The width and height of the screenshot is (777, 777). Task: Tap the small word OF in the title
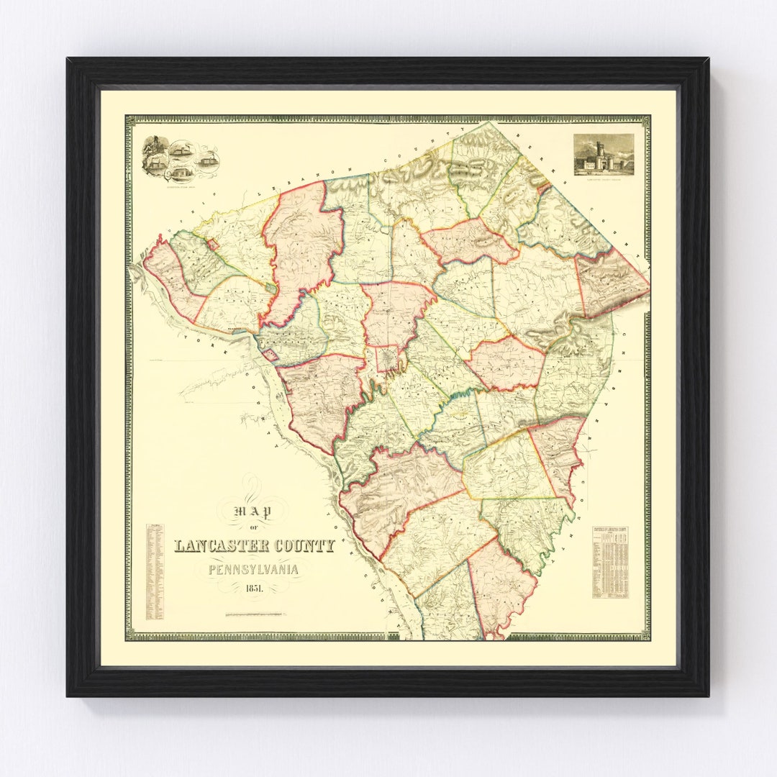click(x=253, y=529)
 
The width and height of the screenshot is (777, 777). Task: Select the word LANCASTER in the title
click(x=221, y=546)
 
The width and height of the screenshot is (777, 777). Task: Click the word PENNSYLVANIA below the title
click(x=253, y=570)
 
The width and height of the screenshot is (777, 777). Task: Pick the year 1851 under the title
click(x=253, y=590)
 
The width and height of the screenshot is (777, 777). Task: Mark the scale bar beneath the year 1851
click(x=255, y=614)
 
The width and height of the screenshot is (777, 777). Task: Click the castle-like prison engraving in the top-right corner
click(x=604, y=153)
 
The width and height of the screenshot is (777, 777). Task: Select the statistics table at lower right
click(x=610, y=562)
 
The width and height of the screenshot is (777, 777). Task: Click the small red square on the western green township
click(x=213, y=245)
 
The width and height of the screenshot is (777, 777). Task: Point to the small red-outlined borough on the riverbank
click(x=271, y=355)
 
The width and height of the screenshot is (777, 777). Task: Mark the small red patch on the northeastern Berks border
click(x=545, y=188)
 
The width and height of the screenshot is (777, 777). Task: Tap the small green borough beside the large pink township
click(x=269, y=288)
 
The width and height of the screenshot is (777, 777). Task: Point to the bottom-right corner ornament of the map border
click(x=647, y=637)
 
